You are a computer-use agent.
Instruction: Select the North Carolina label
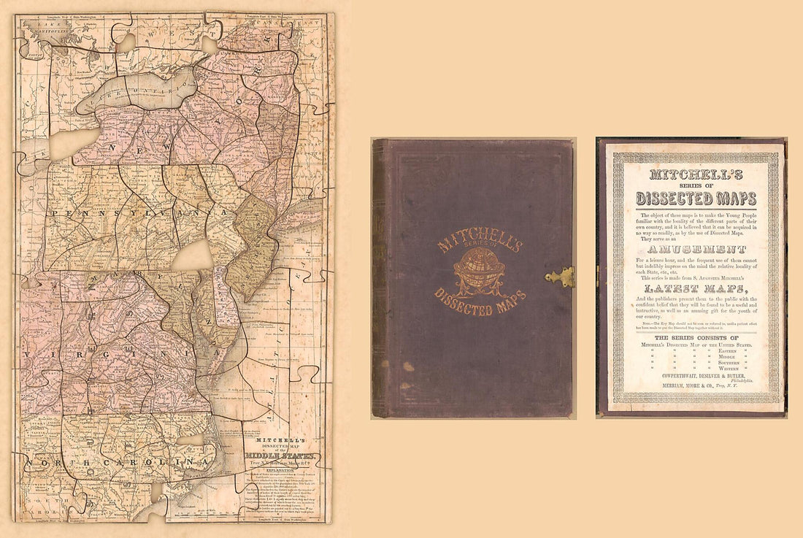pyautogui.click(x=109, y=464)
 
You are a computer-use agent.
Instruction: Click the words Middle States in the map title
pyautogui.click(x=281, y=457)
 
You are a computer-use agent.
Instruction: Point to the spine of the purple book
pyautogui.click(x=378, y=277)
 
